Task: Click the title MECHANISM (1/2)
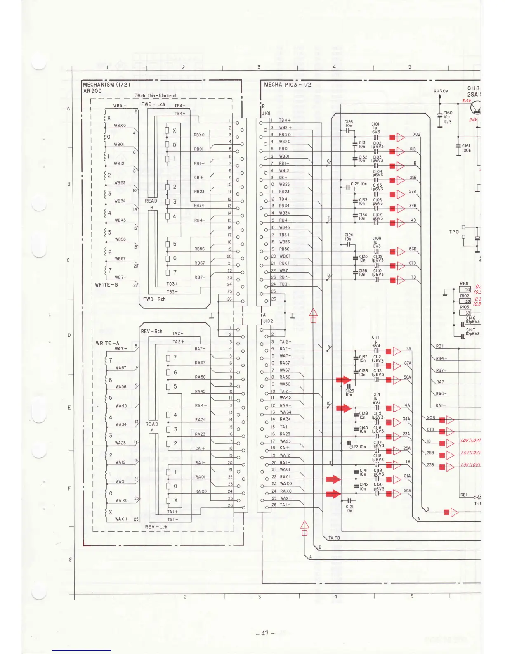[106, 85]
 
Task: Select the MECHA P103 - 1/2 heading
[288, 85]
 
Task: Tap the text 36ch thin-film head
[155, 96]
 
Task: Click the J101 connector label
[266, 113]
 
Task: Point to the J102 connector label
[268, 321]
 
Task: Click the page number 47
[265, 633]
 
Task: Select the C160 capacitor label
[448, 113]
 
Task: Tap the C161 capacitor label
[466, 146]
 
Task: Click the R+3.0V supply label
[441, 91]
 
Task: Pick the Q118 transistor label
[473, 88]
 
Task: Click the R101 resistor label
[464, 284]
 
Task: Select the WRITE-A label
[107, 343]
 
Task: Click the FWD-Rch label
[154, 299]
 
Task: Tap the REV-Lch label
[156, 527]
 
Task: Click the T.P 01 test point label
[454, 232]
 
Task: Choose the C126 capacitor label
[349, 122]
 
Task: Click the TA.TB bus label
[334, 538]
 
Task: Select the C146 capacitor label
[471, 318]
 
